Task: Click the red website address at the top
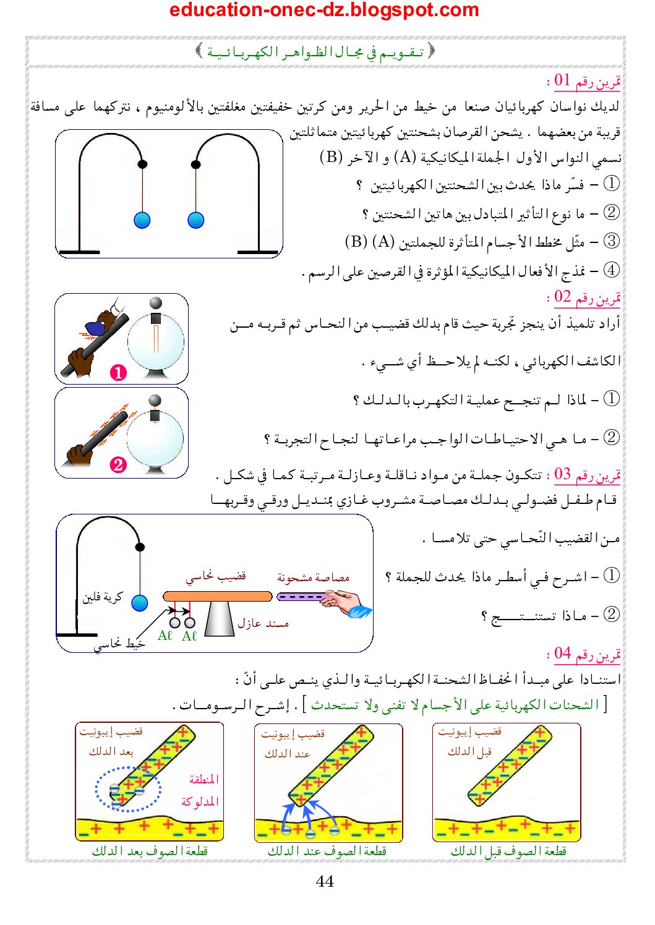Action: click(324, 10)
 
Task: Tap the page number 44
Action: click(325, 881)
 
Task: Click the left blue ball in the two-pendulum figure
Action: click(142, 220)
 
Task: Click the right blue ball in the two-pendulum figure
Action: click(196, 220)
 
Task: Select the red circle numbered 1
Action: click(118, 372)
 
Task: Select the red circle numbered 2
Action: click(118, 464)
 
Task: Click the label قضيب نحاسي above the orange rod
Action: click(216, 576)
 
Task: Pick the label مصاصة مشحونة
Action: click(313, 578)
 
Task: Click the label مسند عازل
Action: click(263, 623)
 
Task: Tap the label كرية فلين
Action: click(103, 597)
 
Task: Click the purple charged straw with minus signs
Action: click(301, 597)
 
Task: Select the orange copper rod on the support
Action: click(217, 597)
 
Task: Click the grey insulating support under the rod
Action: click(219, 619)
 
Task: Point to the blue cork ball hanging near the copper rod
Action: click(140, 603)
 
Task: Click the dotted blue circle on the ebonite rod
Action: click(128, 789)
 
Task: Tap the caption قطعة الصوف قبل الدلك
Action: click(508, 851)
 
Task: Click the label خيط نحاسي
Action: click(119, 644)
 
